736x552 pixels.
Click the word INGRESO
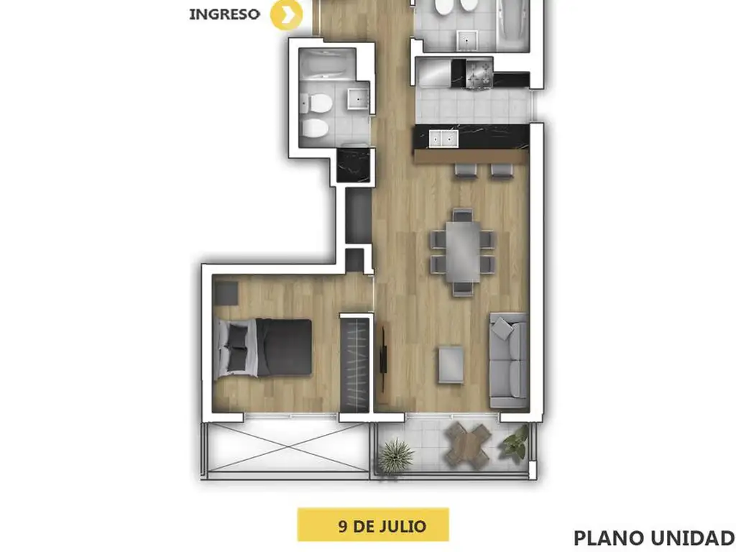224,14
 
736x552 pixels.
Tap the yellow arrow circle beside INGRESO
286,15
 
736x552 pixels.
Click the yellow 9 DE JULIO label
373,525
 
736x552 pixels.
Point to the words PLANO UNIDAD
654,538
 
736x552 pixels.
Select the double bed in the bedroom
262,348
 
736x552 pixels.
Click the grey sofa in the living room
508,360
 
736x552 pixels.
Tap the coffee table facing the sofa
451,364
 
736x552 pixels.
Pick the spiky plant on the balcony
396,456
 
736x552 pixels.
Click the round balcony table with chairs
468,446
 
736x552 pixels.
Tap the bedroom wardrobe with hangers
355,365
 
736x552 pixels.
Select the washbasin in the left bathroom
358,98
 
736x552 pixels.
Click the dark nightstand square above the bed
226,293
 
